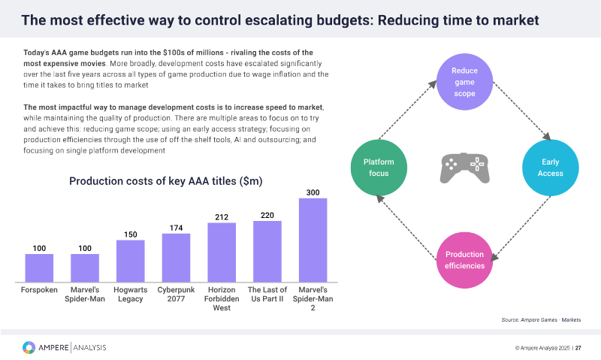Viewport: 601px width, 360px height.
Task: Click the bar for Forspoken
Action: (x=39, y=267)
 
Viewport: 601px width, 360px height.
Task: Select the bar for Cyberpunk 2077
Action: (x=176, y=256)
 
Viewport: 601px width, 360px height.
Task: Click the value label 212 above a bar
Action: (x=222, y=217)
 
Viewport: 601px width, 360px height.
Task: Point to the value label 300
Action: (x=313, y=192)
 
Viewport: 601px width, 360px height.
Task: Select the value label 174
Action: (x=176, y=228)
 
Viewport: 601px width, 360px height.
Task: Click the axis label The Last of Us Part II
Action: (x=267, y=295)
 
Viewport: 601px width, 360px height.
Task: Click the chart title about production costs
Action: (x=166, y=181)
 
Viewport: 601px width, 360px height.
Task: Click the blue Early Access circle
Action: (x=549, y=168)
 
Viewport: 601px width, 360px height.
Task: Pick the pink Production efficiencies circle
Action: (x=464, y=259)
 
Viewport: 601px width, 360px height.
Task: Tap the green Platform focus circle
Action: (x=379, y=168)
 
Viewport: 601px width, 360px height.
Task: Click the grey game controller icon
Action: (x=464, y=168)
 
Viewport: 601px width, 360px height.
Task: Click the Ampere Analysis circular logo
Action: (x=29, y=347)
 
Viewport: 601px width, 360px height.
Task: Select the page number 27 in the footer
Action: (x=578, y=348)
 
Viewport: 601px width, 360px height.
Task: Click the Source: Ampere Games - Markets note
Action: (x=541, y=320)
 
